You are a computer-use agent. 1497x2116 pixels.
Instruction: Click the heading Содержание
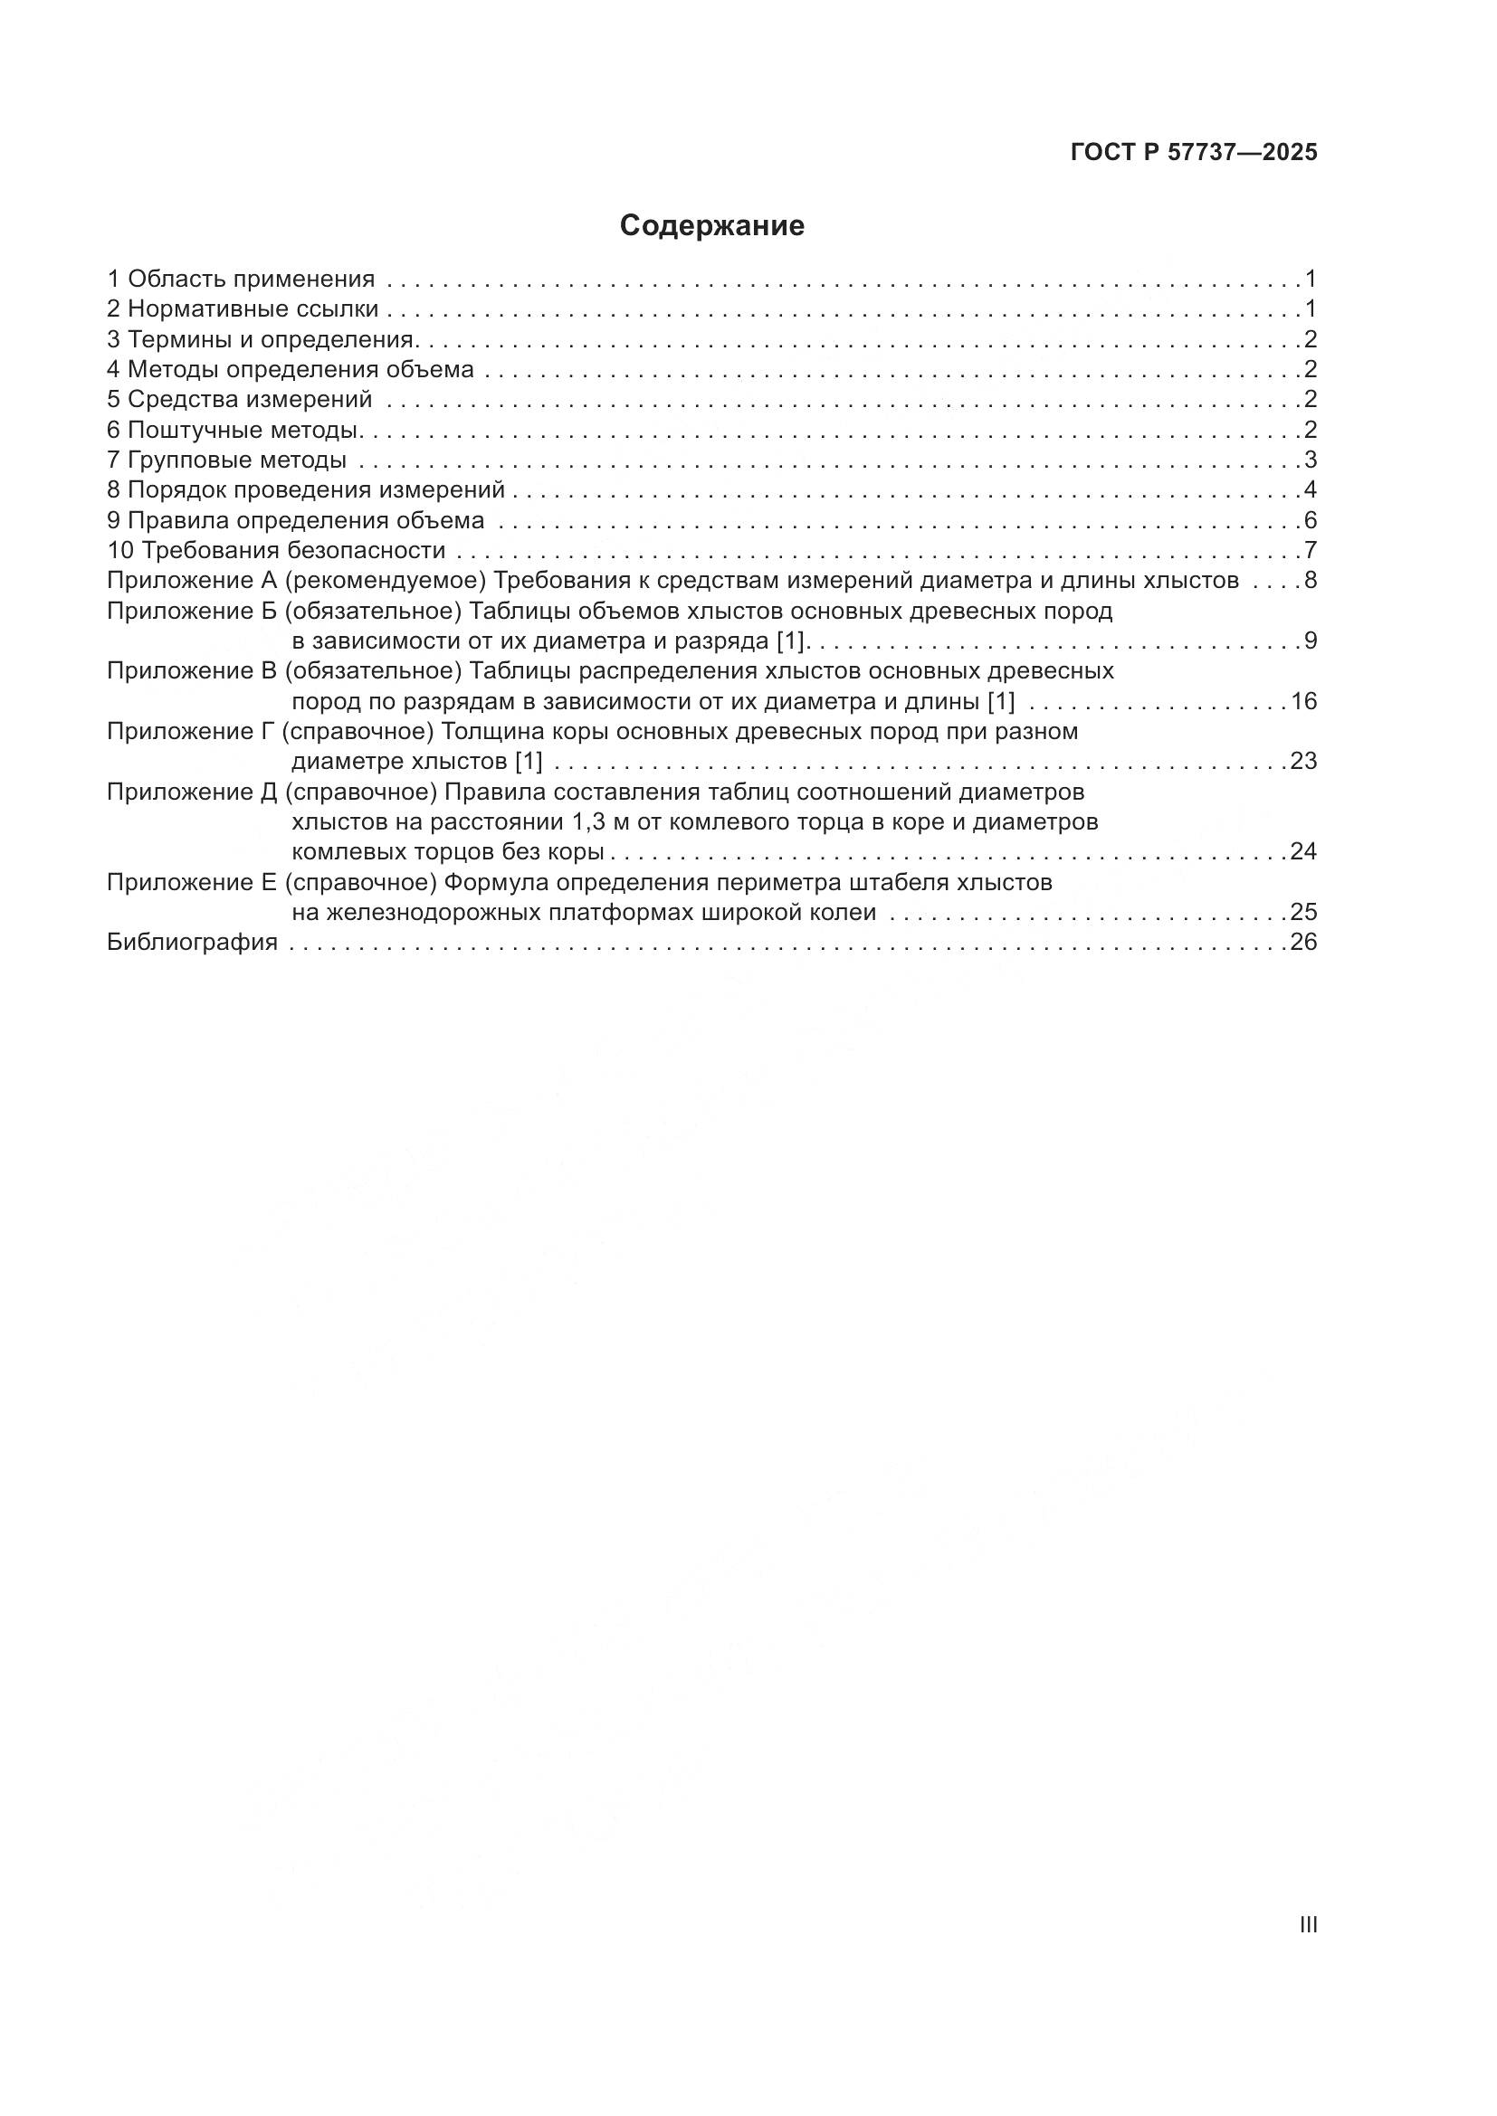click(711, 226)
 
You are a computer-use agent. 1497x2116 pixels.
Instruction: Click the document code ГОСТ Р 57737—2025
click(1194, 153)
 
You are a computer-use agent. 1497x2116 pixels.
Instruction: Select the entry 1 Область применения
click(242, 279)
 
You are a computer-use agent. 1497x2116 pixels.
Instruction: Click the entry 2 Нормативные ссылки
click(243, 308)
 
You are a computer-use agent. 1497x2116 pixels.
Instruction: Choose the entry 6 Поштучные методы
click(234, 430)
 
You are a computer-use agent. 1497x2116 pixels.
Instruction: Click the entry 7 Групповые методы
click(227, 460)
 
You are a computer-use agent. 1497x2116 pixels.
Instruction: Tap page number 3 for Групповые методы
click(1310, 460)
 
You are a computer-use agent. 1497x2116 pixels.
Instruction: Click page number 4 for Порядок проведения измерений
click(1310, 489)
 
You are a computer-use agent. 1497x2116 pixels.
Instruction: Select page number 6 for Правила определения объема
click(1310, 520)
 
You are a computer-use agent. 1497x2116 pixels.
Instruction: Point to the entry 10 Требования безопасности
click(277, 550)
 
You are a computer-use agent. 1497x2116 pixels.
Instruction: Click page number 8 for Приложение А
click(1310, 581)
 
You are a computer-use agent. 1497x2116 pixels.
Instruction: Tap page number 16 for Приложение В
click(1303, 701)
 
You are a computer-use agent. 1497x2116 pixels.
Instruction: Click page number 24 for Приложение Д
click(1303, 850)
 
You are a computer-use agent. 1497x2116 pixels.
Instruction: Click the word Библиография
click(192, 942)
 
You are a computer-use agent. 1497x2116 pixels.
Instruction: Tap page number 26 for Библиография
click(1303, 942)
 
